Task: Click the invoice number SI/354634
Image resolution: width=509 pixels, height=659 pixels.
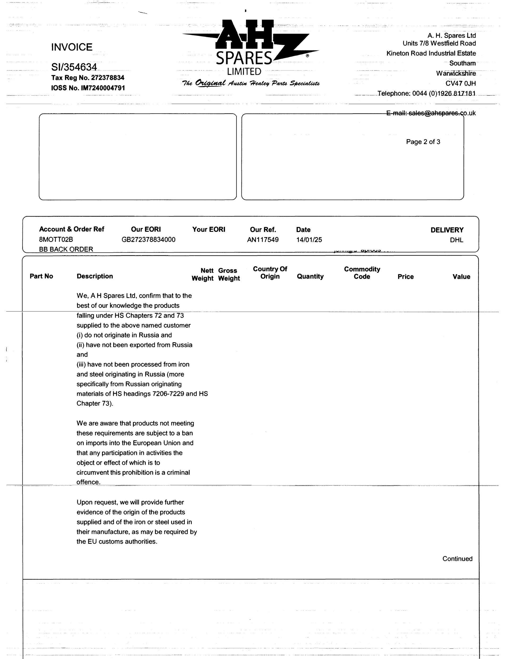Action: click(x=74, y=67)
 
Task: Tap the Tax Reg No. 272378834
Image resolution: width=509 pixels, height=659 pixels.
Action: click(x=87, y=78)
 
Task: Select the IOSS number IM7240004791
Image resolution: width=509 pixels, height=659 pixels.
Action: click(x=88, y=88)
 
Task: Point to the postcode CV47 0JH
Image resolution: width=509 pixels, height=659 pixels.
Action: click(x=460, y=83)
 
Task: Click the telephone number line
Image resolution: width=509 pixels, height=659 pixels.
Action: click(x=426, y=94)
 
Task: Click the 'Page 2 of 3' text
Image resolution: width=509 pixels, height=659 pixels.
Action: click(x=423, y=142)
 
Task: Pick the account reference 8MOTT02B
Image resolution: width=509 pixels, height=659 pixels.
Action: click(x=56, y=240)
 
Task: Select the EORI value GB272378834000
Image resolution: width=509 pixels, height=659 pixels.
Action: click(x=148, y=240)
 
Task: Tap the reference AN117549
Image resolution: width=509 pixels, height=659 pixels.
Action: click(x=263, y=240)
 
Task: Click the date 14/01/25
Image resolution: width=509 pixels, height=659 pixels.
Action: click(x=309, y=240)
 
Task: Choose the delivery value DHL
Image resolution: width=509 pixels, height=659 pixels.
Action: click(x=456, y=240)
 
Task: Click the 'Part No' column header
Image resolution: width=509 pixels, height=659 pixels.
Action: click(x=41, y=276)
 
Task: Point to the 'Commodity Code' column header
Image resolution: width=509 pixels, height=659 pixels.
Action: click(x=362, y=273)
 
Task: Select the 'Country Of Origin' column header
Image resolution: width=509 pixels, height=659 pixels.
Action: click(x=270, y=273)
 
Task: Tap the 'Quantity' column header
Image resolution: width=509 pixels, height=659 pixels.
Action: click(x=310, y=276)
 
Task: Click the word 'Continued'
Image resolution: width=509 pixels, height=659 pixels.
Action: click(x=457, y=559)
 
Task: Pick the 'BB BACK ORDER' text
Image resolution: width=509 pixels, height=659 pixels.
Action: click(x=66, y=249)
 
